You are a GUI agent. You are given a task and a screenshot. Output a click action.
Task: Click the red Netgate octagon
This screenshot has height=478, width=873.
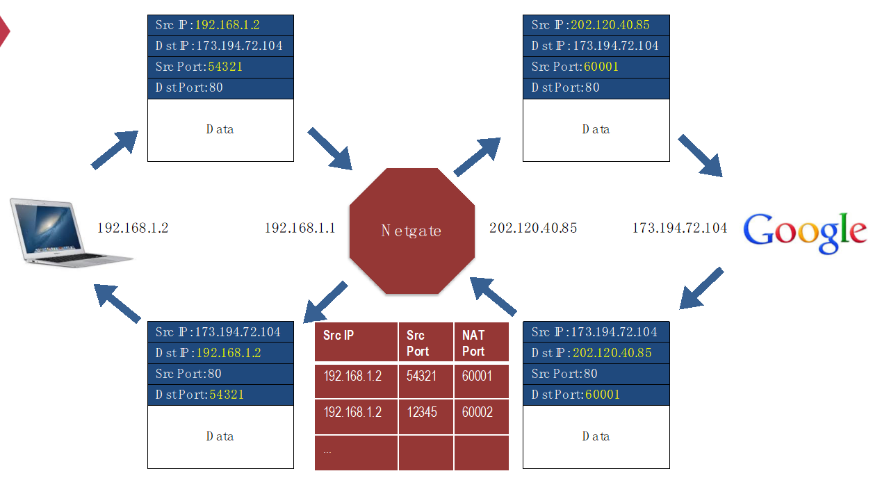click(411, 231)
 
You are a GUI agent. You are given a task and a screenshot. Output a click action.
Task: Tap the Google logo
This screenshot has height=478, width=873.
click(805, 232)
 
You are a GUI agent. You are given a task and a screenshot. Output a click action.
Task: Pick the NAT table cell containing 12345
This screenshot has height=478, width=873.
click(425, 412)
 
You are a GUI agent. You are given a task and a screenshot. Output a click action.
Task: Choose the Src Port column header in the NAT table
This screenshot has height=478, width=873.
click(425, 343)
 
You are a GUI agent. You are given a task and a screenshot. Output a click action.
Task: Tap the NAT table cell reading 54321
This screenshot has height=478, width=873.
click(425, 376)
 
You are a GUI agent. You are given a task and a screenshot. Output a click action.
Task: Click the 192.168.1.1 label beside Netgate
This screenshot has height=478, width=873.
click(300, 228)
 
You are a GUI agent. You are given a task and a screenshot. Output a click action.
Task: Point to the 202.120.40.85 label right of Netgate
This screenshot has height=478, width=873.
click(532, 228)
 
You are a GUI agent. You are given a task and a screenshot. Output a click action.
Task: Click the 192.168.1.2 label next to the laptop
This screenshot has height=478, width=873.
click(133, 228)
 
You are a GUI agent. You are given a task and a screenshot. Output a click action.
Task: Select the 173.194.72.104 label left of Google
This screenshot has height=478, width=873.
click(679, 228)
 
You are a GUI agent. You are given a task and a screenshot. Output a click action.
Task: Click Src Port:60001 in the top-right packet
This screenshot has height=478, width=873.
click(596, 67)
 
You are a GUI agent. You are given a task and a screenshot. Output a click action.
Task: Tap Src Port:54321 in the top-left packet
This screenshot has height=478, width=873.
click(220, 67)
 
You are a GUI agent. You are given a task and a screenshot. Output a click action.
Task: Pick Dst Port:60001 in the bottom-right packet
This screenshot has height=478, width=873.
click(596, 395)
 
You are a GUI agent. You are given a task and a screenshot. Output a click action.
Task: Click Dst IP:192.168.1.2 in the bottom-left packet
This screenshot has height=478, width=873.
click(220, 353)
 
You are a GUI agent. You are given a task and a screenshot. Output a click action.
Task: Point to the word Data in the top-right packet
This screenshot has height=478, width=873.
click(596, 129)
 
